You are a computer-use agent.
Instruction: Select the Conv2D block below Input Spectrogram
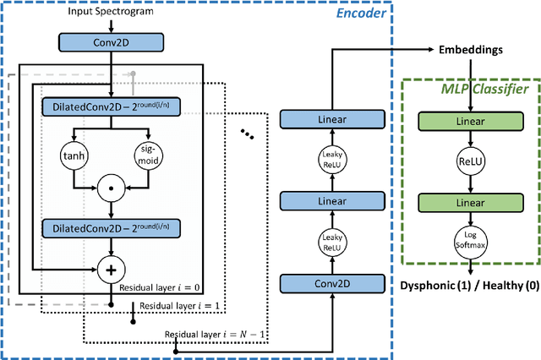112,41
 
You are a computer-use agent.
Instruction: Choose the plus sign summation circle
112,270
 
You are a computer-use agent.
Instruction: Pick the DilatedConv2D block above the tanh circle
112,107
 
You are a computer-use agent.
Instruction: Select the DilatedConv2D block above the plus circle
112,229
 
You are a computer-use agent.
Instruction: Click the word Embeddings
470,50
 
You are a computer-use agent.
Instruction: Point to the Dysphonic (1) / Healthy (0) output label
469,286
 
